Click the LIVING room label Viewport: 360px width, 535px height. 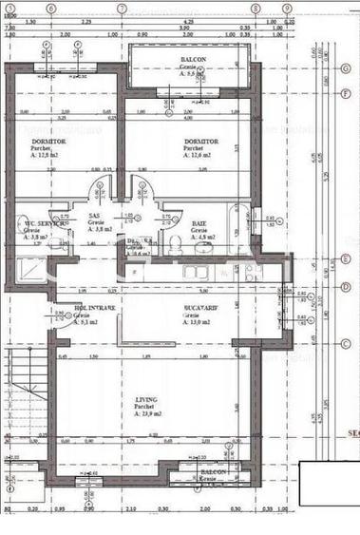(x=145, y=400)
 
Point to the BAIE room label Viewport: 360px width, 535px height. (x=199, y=222)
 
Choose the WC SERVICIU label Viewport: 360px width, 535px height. (x=32, y=223)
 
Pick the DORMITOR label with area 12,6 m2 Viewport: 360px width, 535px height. (x=200, y=141)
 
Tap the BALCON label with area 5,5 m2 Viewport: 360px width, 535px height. (x=195, y=60)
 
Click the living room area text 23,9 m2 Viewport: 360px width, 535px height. (x=150, y=415)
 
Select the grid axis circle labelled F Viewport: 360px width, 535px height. (x=345, y=92)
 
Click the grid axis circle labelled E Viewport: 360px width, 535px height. (x=345, y=258)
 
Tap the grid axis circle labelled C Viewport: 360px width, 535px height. (x=345, y=344)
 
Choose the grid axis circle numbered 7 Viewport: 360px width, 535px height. (x=122, y=8)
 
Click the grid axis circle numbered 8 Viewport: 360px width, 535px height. (x=255, y=8)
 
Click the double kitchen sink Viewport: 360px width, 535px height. (x=197, y=272)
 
